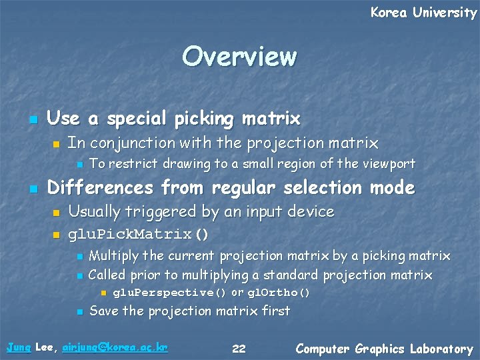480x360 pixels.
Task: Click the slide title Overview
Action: pyautogui.click(x=239, y=57)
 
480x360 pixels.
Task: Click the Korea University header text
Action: pyautogui.click(x=423, y=13)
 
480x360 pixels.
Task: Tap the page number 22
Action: pyautogui.click(x=239, y=349)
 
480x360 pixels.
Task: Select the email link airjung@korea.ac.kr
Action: pyautogui.click(x=114, y=348)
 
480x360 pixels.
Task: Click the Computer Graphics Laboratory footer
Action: pyautogui.click(x=384, y=349)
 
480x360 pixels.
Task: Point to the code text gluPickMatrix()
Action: pyautogui.click(x=139, y=235)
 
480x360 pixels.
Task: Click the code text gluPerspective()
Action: pyautogui.click(x=170, y=293)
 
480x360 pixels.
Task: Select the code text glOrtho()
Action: pyautogui.click(x=279, y=293)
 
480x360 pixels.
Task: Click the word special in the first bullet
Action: pyautogui.click(x=137, y=119)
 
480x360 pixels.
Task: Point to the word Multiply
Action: pyautogui.click(x=113, y=256)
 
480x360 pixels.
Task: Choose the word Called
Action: pyautogui.click(x=107, y=275)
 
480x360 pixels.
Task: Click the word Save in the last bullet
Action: pyautogui.click(x=104, y=311)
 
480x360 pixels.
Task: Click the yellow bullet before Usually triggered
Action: pyautogui.click(x=56, y=213)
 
